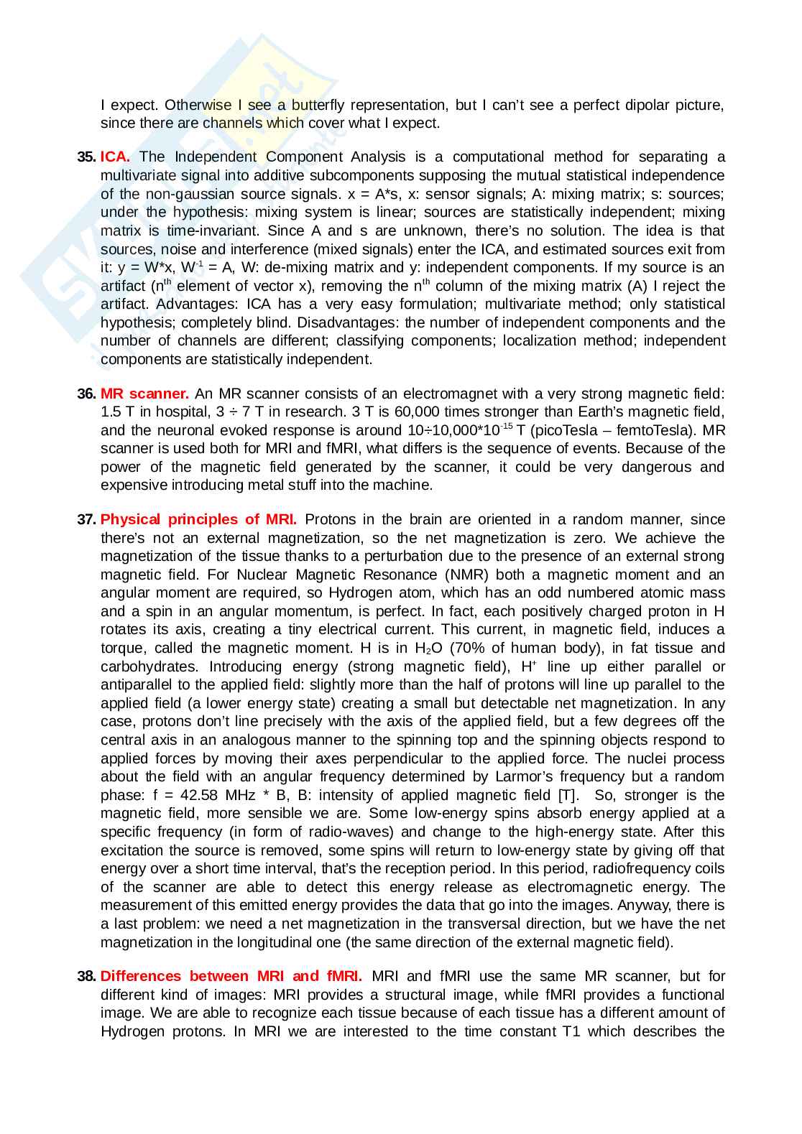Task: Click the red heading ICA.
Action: (115, 157)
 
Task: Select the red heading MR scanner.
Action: (144, 394)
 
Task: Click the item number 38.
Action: (86, 976)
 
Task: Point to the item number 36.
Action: (86, 394)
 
